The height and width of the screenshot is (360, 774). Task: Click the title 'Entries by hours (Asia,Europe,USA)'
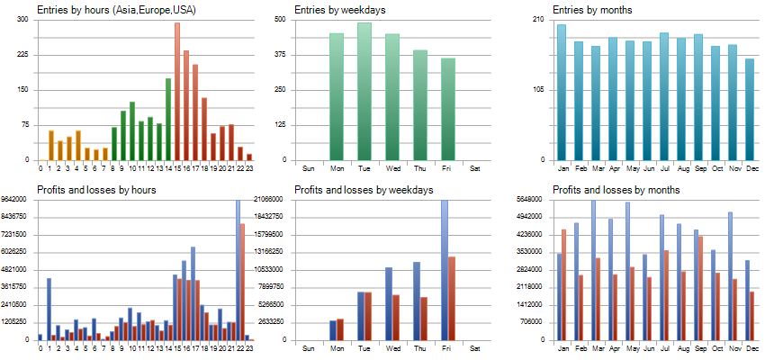pyautogui.click(x=116, y=10)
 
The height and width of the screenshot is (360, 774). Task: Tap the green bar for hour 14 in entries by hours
pyautogui.click(x=168, y=119)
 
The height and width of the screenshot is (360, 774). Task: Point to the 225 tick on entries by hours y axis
pyautogui.click(x=22, y=54)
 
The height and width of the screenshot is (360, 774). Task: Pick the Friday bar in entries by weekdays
pyautogui.click(x=448, y=109)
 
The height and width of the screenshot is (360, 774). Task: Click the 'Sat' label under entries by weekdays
pyautogui.click(x=475, y=168)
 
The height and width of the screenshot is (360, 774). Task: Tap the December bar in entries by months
pyautogui.click(x=750, y=110)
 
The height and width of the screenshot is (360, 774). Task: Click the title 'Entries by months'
pyautogui.click(x=592, y=10)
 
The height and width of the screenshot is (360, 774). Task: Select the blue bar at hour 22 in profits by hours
pyautogui.click(x=238, y=270)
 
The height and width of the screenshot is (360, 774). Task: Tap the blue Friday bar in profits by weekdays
pyautogui.click(x=444, y=270)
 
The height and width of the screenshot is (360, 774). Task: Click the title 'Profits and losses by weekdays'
pyautogui.click(x=364, y=190)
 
